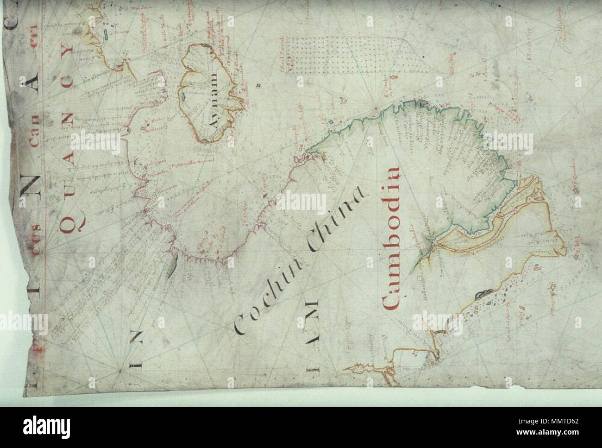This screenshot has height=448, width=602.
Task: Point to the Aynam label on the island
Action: pos(214,107)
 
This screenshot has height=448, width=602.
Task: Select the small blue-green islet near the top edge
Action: pos(107,33)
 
